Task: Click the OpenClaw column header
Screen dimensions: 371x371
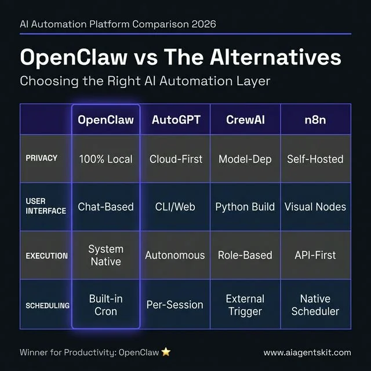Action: point(106,120)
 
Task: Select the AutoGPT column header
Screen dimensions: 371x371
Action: point(175,120)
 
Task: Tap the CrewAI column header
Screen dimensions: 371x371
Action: point(245,120)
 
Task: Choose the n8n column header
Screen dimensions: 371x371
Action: point(315,120)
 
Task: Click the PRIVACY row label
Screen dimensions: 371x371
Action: point(42,158)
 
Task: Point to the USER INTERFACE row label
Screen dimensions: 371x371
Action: point(46,206)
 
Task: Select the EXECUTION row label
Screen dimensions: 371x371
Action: point(46,255)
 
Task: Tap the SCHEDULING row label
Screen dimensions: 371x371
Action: point(48,305)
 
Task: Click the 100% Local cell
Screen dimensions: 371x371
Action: point(106,159)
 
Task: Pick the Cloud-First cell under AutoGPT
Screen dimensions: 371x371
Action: point(176,159)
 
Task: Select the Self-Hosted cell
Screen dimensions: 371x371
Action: point(315,159)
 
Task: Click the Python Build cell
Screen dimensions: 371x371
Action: point(245,207)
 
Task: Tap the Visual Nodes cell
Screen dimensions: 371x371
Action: point(315,207)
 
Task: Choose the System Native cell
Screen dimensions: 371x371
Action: point(106,255)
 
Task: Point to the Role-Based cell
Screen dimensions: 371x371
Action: point(245,255)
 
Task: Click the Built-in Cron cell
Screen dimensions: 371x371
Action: point(106,305)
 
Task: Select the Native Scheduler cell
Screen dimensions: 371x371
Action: point(315,305)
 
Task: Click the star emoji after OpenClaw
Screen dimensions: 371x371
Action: point(166,352)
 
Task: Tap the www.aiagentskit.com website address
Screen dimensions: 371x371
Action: point(307,352)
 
